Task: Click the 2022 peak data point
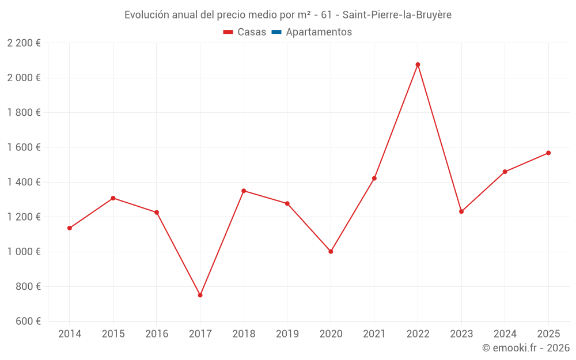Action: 418,65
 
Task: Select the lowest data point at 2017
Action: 200,295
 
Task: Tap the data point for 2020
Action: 331,252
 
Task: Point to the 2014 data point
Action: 70,228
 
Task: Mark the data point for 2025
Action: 548,153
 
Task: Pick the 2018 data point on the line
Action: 244,191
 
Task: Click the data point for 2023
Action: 461,211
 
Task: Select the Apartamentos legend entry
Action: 319,32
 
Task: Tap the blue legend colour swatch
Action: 276,32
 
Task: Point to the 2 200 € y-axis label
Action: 24,43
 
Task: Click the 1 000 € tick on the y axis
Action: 24,252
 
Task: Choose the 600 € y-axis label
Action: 27,321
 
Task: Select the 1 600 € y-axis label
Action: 24,147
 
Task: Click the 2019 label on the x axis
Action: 287,334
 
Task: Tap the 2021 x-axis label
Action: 374,334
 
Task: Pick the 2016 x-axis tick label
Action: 157,334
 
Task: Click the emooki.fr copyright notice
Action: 525,348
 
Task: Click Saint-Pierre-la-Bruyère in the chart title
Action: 397,15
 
